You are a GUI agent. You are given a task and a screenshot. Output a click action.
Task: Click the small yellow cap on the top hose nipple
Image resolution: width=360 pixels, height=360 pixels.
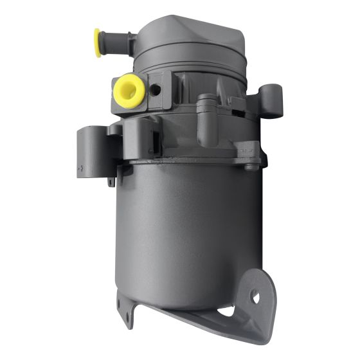pos(97,42)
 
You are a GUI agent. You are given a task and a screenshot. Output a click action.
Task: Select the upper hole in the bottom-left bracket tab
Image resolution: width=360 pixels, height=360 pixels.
pos(127,304)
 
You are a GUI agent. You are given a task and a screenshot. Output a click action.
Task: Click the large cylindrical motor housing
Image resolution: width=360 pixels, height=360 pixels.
pos(186,231)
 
